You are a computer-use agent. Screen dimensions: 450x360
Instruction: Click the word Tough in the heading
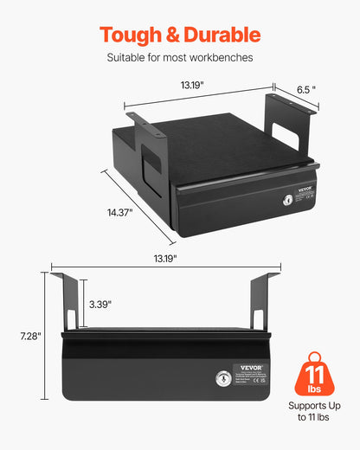[129, 35]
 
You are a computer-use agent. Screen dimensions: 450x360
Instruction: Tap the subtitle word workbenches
[222, 59]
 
